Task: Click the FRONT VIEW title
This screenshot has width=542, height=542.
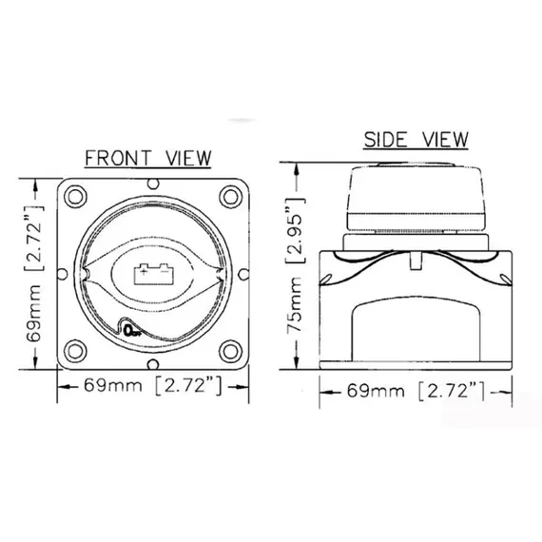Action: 148,158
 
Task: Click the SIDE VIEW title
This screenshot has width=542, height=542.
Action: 416,139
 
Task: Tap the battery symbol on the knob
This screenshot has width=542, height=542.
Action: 153,274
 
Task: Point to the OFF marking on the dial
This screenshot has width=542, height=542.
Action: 132,331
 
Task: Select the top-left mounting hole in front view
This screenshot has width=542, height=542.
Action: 75,197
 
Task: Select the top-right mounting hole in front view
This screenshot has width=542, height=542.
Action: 231,197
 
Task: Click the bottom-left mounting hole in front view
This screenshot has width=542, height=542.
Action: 75,351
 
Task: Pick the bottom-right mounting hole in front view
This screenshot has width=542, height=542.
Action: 231,351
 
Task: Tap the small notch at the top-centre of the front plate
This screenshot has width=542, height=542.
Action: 153,184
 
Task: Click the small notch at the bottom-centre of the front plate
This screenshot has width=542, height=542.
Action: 153,364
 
